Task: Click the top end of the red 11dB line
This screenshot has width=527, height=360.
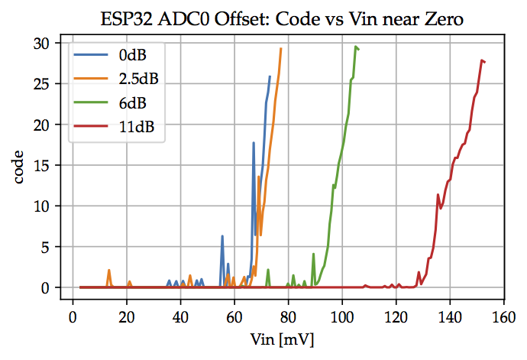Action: [x=482, y=60]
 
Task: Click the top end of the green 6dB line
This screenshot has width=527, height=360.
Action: [x=355, y=47]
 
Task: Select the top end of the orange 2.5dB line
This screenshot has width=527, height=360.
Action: [x=280, y=49]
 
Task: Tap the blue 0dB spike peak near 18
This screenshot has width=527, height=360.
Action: [x=254, y=142]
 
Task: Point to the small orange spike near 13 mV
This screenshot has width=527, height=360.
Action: [x=109, y=270]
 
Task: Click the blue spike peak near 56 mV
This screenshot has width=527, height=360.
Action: [x=222, y=236]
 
